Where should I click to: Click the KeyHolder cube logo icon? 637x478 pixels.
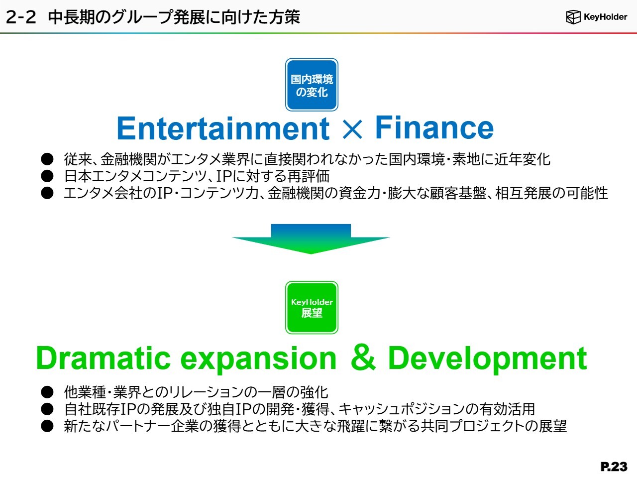point(573,17)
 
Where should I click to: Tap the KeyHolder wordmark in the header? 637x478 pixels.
point(605,17)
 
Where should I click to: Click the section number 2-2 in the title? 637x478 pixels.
point(20,17)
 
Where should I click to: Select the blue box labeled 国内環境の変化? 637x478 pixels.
point(312,85)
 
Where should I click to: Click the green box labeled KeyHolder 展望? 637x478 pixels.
point(312,308)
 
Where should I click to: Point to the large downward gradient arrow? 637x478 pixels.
point(311,239)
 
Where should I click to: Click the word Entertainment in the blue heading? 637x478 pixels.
point(223,128)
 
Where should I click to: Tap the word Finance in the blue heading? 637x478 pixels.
point(434,127)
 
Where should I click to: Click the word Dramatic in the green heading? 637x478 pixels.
point(104,358)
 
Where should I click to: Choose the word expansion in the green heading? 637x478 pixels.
point(258,360)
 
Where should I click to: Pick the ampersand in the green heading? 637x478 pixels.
point(363,358)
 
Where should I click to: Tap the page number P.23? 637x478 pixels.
point(614,467)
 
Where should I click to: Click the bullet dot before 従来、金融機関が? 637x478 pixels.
point(47,159)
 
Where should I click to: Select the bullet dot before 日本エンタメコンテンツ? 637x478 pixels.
point(47,176)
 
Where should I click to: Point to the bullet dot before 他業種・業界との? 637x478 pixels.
point(47,392)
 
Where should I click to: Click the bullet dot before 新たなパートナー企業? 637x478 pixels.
point(47,426)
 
